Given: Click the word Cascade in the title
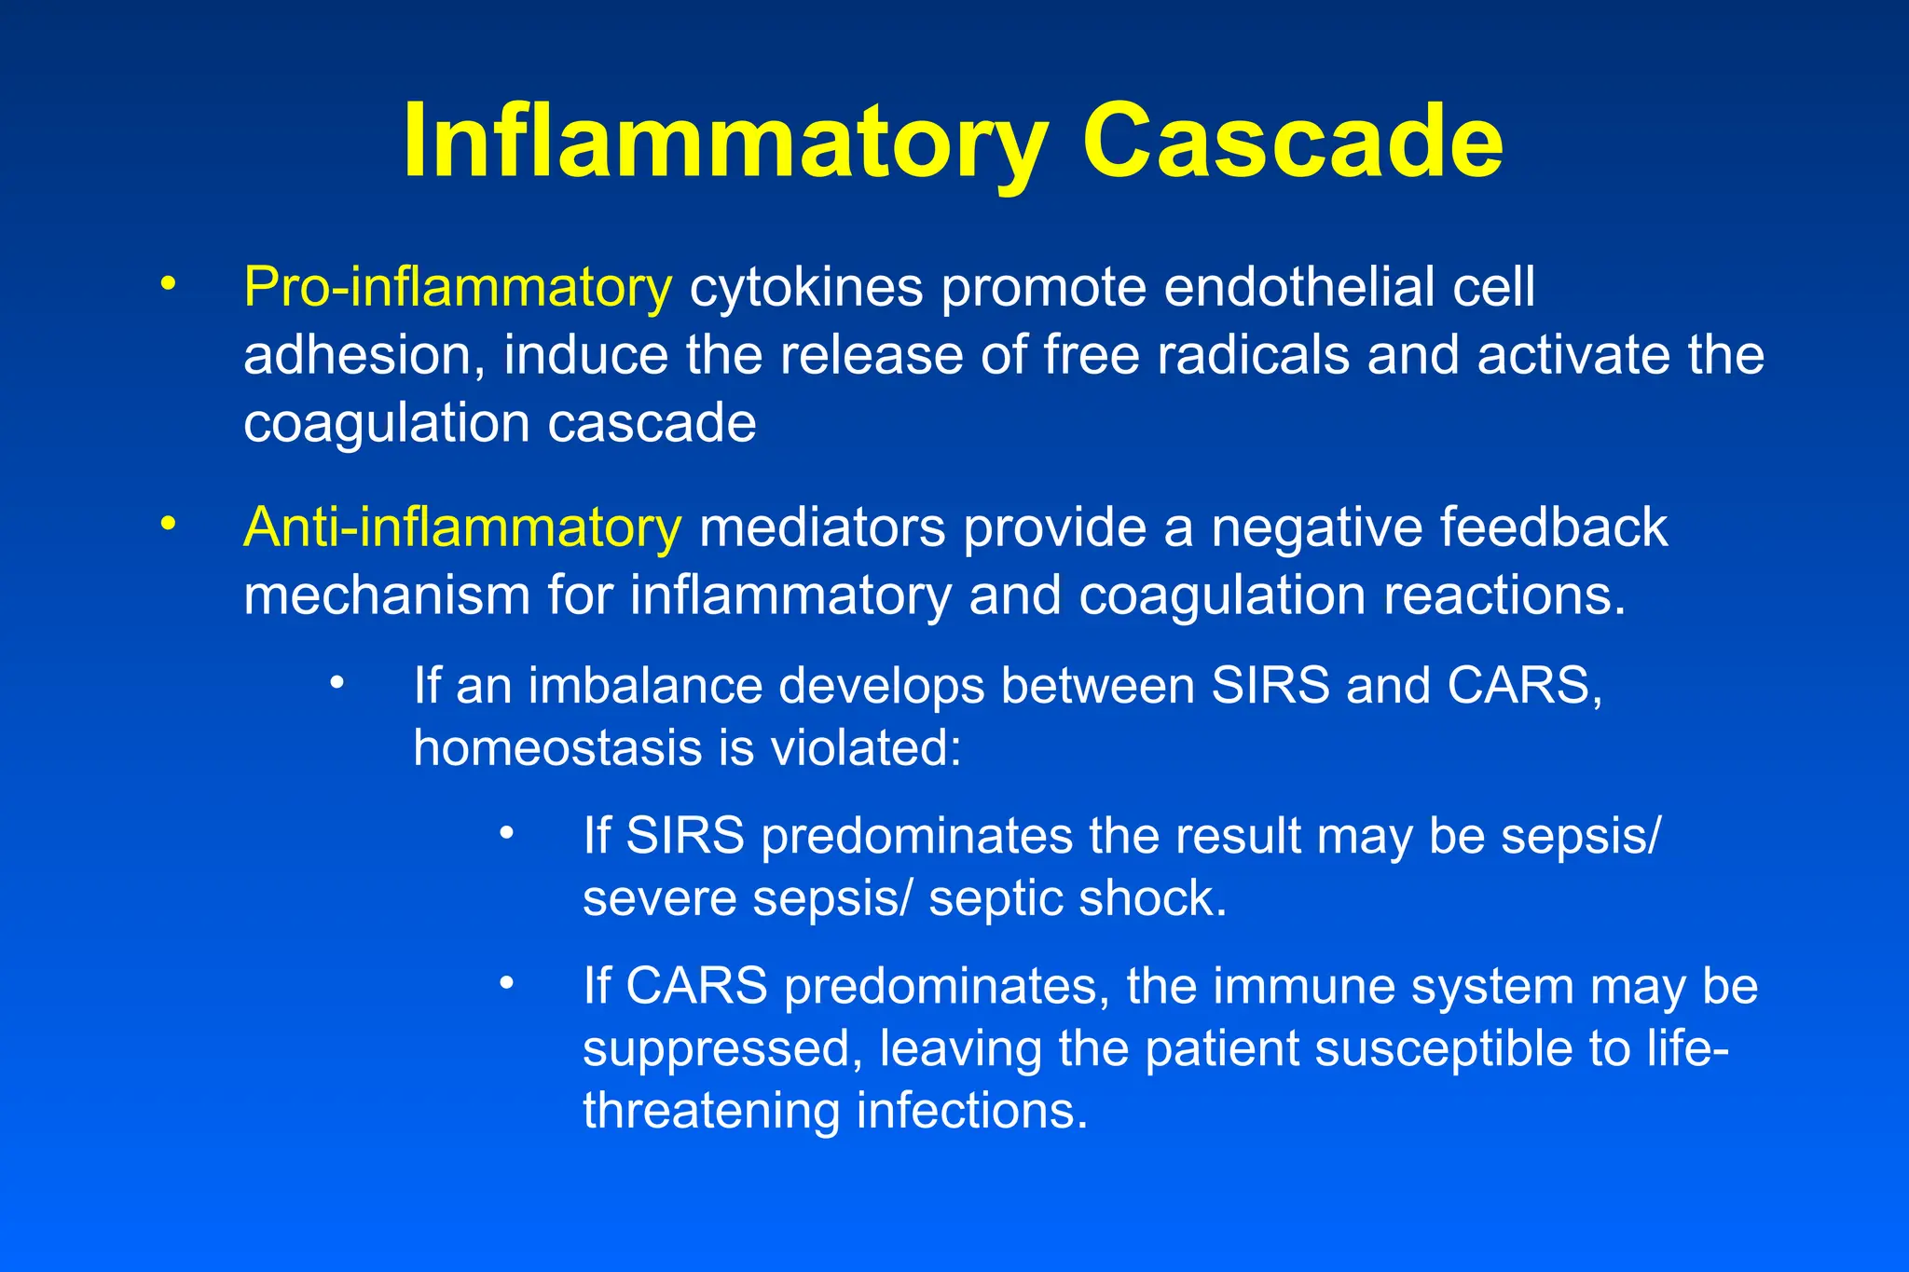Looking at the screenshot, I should pyautogui.click(x=1292, y=142).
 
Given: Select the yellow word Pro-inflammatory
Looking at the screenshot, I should pyautogui.click(x=457, y=287).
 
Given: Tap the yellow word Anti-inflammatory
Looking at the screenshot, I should pyautogui.click(x=462, y=527).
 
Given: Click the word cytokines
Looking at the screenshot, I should pyautogui.click(x=805, y=289).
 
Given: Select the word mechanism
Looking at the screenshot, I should pyautogui.click(x=386, y=596).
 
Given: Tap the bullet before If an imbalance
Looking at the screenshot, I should pyautogui.click(x=337, y=684).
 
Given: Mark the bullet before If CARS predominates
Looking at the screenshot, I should pyautogui.click(x=506, y=983).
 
